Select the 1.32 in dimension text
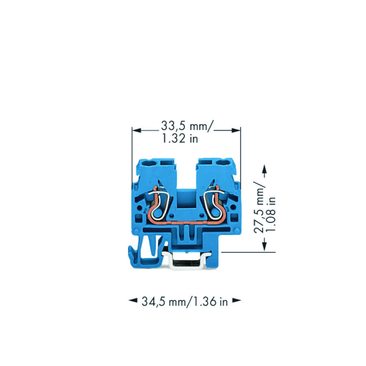[x=180, y=139]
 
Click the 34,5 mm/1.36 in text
[x=185, y=301]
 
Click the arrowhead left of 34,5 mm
[x=133, y=301]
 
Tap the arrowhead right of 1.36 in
[x=237, y=301]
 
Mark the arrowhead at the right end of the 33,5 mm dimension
[x=235, y=131]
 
